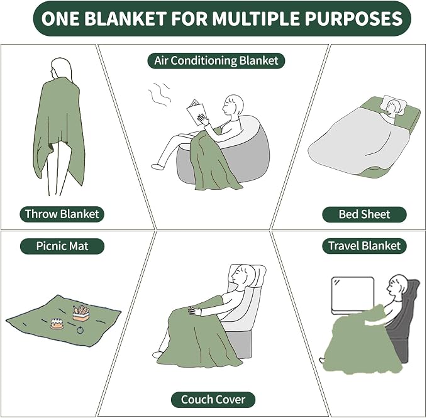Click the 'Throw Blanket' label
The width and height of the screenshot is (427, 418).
[62, 214]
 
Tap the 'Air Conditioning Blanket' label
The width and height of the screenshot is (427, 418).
[216, 60]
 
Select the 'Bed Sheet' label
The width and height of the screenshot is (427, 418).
[364, 214]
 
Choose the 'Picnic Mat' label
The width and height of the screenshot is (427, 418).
[62, 246]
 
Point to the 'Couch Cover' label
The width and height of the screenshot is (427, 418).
[213, 400]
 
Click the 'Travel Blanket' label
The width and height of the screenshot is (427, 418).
[364, 246]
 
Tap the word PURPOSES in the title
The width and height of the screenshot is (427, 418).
[353, 18]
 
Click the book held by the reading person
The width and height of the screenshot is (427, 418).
[196, 113]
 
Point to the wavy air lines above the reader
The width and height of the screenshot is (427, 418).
[159, 94]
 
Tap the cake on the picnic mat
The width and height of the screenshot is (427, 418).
[57, 324]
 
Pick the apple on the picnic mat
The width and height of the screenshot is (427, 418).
[80, 330]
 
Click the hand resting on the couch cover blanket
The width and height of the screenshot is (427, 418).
[195, 311]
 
